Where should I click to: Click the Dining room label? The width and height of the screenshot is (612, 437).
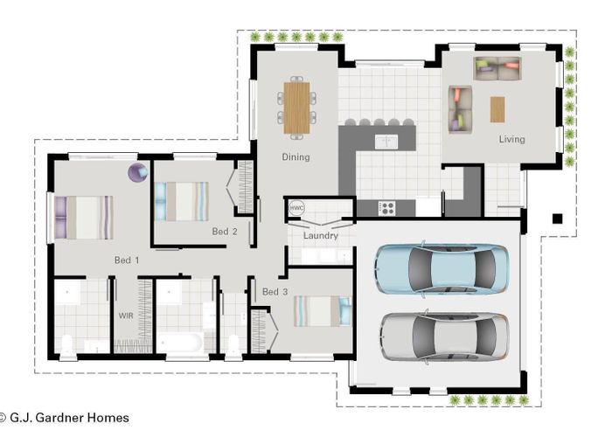click(296, 157)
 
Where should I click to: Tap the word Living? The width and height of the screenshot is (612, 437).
click(512, 139)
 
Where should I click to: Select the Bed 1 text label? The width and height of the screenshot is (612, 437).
click(127, 260)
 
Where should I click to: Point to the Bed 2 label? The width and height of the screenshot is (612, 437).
click(225, 232)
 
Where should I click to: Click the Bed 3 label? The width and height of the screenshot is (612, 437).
click(275, 291)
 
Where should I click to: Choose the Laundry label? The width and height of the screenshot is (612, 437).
click(320, 236)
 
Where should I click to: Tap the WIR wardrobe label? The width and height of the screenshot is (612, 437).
click(125, 315)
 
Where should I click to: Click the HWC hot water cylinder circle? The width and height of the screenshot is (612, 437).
click(297, 209)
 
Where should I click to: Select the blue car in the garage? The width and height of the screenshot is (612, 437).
click(442, 269)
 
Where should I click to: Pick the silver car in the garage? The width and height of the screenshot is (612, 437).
click(443, 336)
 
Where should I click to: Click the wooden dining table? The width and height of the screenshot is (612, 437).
click(296, 106)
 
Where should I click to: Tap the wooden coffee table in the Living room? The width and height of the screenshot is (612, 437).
click(497, 109)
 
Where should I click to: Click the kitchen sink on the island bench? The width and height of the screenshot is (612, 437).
click(386, 141)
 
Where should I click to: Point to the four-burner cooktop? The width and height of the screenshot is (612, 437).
click(386, 208)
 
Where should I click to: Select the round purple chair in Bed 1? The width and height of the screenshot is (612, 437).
click(138, 172)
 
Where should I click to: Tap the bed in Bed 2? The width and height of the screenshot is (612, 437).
click(182, 201)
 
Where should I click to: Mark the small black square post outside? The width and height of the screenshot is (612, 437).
click(555, 218)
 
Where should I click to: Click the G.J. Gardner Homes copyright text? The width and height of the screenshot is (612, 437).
click(66, 418)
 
